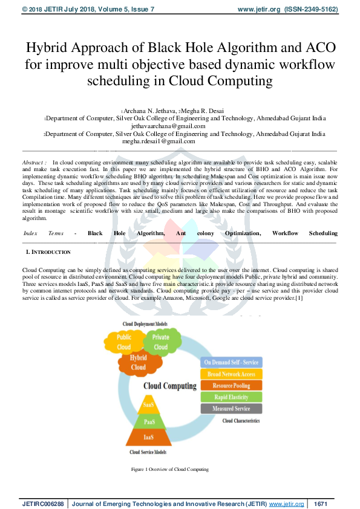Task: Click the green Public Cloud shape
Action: pyautogui.click(x=124, y=342)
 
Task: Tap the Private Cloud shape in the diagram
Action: pyautogui.click(x=161, y=342)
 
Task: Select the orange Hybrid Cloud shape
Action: pyautogui.click(x=139, y=363)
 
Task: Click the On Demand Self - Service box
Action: pyautogui.click(x=231, y=362)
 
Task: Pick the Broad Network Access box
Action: pyautogui.click(x=231, y=374)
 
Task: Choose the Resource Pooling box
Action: pyautogui.click(x=231, y=386)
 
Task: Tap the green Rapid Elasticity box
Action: pyautogui.click(x=231, y=397)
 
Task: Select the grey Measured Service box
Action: pyautogui.click(x=231, y=409)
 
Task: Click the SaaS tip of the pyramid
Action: pyautogui.click(x=148, y=404)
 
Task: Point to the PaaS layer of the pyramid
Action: pyautogui.click(x=148, y=421)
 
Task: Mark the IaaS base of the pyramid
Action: pyautogui.click(x=148, y=436)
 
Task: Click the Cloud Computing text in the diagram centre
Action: pyautogui.click(x=170, y=386)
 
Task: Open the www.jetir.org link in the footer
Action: pyautogui.click(x=286, y=503)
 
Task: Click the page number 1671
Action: pyautogui.click(x=321, y=503)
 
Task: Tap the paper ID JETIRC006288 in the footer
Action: pyautogui.click(x=44, y=503)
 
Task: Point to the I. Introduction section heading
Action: pyautogui.click(x=48, y=251)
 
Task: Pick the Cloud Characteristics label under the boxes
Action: pyautogui.click(x=241, y=421)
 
